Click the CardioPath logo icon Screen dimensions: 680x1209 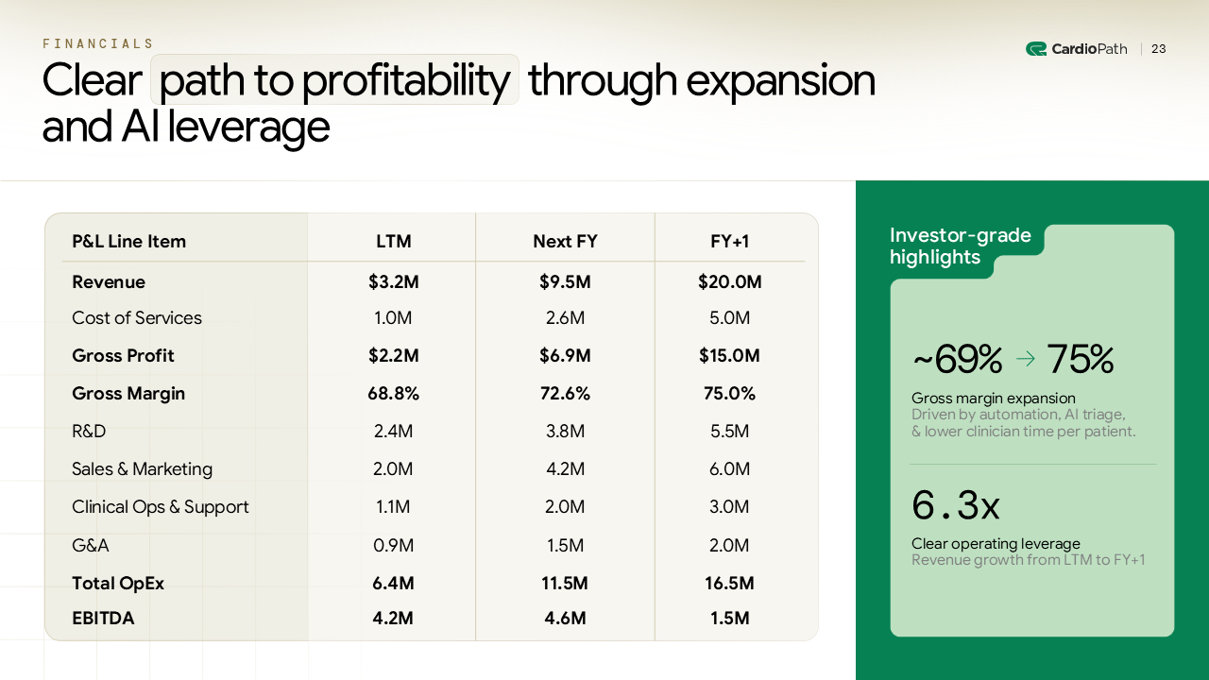click(1035, 49)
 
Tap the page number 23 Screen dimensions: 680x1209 click(1158, 49)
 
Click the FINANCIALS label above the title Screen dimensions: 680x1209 click(97, 43)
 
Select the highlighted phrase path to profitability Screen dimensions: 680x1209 click(334, 80)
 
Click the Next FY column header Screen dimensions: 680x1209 click(565, 242)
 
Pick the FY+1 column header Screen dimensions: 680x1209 click(729, 242)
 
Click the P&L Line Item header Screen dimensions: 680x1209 click(128, 242)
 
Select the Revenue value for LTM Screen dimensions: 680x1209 click(393, 282)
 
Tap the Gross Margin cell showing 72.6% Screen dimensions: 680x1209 click(565, 394)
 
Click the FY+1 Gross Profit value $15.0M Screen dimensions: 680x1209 click(729, 356)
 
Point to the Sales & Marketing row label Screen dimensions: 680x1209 click(142, 469)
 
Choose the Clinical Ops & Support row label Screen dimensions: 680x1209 click(160, 507)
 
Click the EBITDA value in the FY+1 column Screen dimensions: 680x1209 click(729, 619)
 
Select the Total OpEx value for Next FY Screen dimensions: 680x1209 click(565, 584)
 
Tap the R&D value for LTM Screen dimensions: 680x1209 click(393, 432)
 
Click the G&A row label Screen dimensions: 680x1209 click(91, 546)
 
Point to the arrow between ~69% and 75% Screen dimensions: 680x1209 click(1025, 360)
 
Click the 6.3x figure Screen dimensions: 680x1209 click(955, 506)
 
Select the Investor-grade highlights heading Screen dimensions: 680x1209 click(960, 246)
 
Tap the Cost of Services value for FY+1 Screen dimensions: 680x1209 click(729, 318)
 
